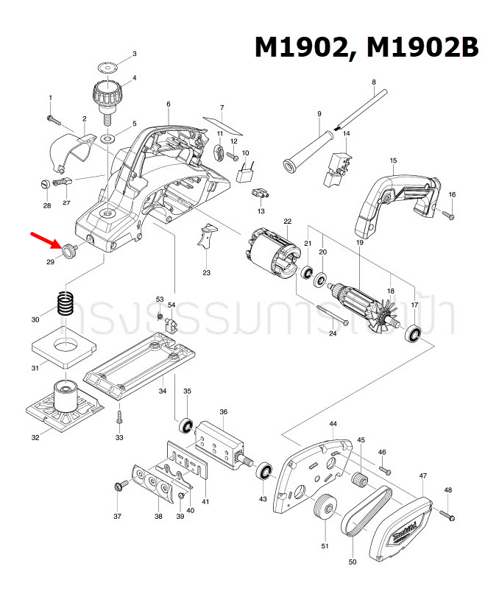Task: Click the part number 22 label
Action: pos(287,221)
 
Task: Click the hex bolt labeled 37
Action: pos(117,486)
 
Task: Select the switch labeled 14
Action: pos(337,165)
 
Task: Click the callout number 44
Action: pos(333,425)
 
